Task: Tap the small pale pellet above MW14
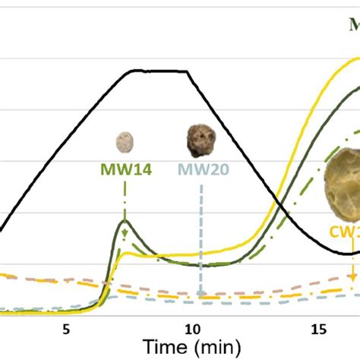pos(125,142)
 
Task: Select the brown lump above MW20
pos(201,139)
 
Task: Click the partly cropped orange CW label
pos(344,232)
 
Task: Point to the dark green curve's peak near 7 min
pos(125,221)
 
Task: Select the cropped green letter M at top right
pos(353,25)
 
